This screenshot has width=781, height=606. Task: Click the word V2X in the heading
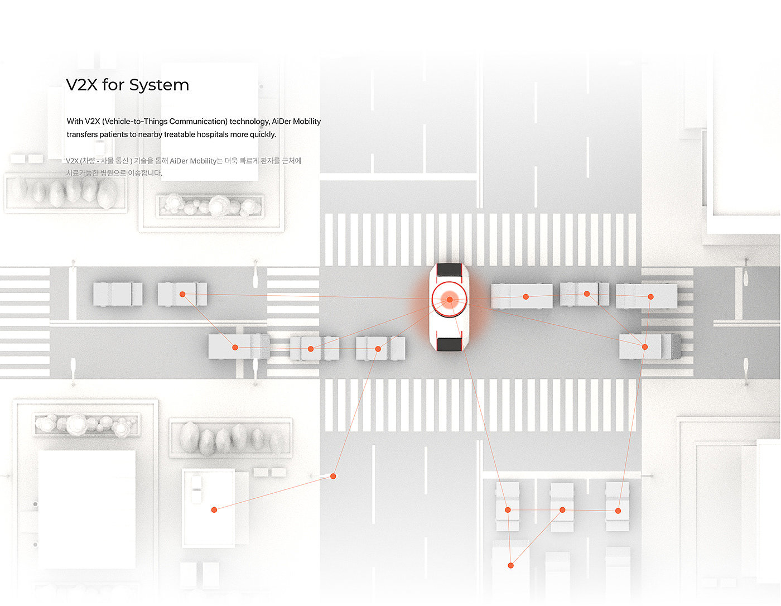tap(82, 85)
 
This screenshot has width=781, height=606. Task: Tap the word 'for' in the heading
tap(113, 85)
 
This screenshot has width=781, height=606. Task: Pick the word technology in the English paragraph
tap(249, 121)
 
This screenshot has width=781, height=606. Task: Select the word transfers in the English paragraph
tap(82, 134)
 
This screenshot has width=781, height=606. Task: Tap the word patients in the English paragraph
tap(114, 134)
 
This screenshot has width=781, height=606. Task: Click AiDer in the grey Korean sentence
tap(179, 161)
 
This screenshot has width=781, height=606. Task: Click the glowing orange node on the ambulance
tap(450, 300)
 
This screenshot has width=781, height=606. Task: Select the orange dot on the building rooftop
tap(214, 509)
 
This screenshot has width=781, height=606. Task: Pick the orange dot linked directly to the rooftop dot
tap(333, 476)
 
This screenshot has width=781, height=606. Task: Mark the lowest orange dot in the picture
tap(510, 565)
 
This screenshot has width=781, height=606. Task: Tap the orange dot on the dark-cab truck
tap(644, 347)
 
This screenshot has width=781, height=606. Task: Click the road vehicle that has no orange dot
tap(118, 294)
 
